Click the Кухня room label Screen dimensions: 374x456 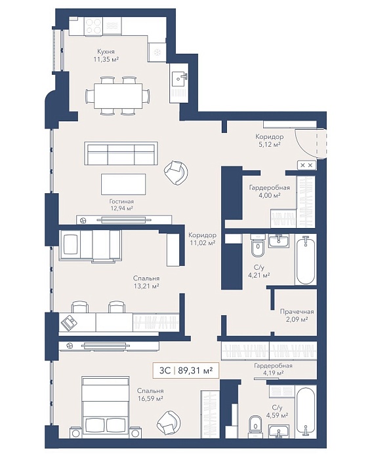click(x=106, y=52)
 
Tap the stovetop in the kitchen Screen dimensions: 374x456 click(x=93, y=26)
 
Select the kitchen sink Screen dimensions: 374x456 click(x=178, y=78)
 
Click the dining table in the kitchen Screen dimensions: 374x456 click(x=118, y=95)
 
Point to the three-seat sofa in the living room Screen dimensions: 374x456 click(x=121, y=153)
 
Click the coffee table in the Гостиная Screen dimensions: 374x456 click(x=123, y=184)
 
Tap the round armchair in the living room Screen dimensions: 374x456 click(x=176, y=173)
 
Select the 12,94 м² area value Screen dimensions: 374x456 click(x=121, y=208)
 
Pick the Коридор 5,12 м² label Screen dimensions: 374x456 click(x=270, y=140)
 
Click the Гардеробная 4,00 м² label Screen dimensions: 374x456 click(x=270, y=191)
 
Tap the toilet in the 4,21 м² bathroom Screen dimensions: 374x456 click(x=258, y=246)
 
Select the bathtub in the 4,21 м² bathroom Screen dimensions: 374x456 click(x=305, y=260)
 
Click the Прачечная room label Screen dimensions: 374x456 click(x=297, y=312)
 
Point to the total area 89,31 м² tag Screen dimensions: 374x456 click(x=185, y=371)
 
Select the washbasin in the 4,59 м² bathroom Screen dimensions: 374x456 click(x=279, y=431)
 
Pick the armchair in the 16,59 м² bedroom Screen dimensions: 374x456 click(x=169, y=423)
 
